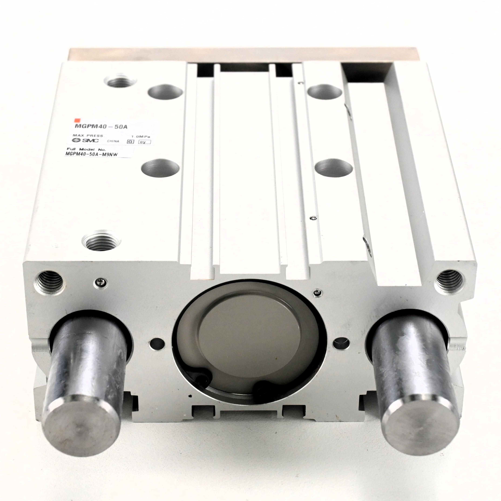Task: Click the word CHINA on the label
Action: click(x=113, y=141)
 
